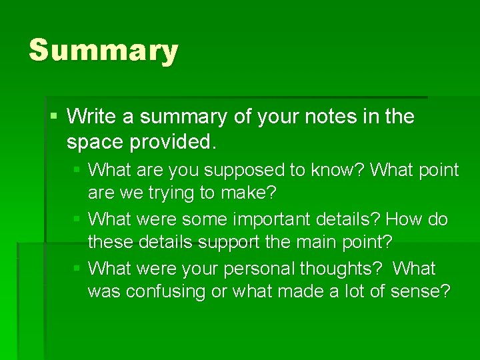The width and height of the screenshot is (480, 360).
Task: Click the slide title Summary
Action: pos(103,51)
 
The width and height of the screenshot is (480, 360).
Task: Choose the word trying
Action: pos(175,194)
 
